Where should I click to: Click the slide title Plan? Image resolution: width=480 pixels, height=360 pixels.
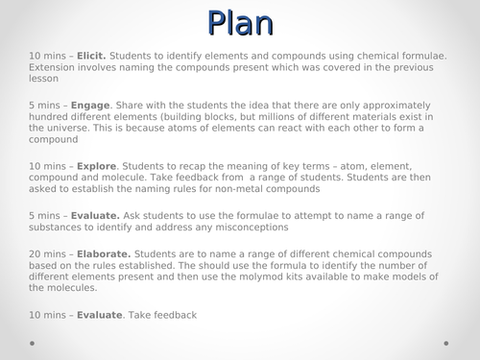[240, 22]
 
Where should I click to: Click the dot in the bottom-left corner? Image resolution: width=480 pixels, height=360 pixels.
[33, 342]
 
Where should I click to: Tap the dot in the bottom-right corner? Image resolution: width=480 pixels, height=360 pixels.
[446, 342]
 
